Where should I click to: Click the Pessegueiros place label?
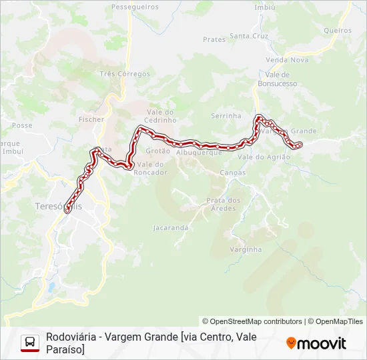click(x=135, y=7)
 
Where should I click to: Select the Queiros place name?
click(x=337, y=31)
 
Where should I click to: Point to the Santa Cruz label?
click(x=248, y=36)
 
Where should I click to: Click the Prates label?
click(x=214, y=40)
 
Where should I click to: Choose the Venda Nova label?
click(x=278, y=60)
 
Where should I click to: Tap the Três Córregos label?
click(x=124, y=74)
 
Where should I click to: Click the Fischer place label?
click(x=91, y=119)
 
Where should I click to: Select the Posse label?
click(x=22, y=125)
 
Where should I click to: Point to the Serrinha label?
click(x=226, y=116)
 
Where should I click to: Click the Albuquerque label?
click(x=199, y=153)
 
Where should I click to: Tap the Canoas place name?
click(x=232, y=173)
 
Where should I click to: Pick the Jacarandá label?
click(x=171, y=227)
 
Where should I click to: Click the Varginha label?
click(x=246, y=249)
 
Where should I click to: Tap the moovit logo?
click(x=316, y=343)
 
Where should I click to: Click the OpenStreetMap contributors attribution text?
click(x=252, y=321)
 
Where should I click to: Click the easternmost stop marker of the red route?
click(x=299, y=145)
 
